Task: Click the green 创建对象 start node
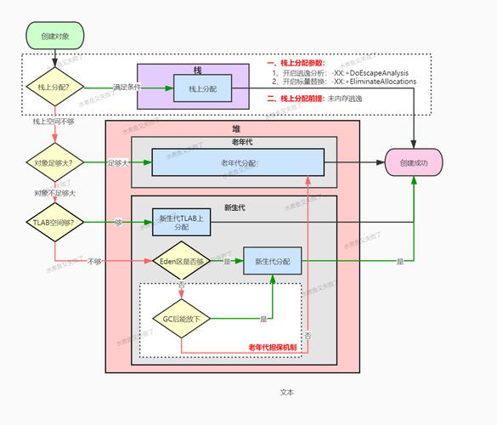(54, 35)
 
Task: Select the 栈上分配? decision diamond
(54, 88)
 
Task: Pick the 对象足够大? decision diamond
(54, 161)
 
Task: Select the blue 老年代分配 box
(238, 162)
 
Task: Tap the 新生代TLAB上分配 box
(181, 222)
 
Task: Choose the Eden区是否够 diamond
(181, 262)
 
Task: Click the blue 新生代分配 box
(273, 262)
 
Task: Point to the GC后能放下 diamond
(181, 319)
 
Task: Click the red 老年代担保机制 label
(272, 347)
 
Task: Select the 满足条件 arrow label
(127, 88)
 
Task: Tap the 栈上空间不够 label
(54, 122)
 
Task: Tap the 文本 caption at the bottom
(286, 392)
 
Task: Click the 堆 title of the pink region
(235, 127)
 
